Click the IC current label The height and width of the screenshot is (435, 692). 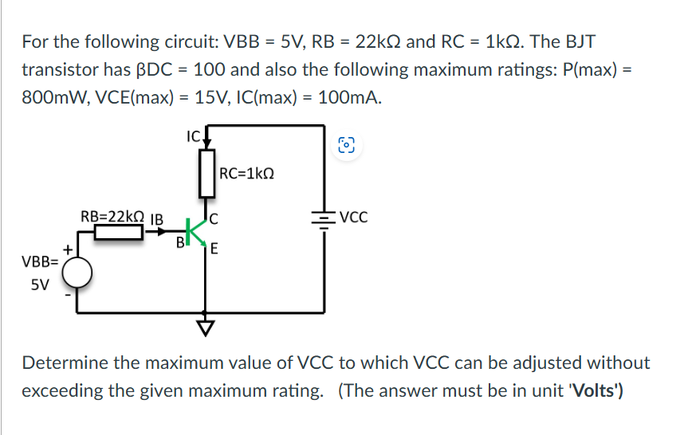pyautogui.click(x=192, y=135)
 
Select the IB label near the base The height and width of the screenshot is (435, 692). pyautogui.click(x=157, y=217)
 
